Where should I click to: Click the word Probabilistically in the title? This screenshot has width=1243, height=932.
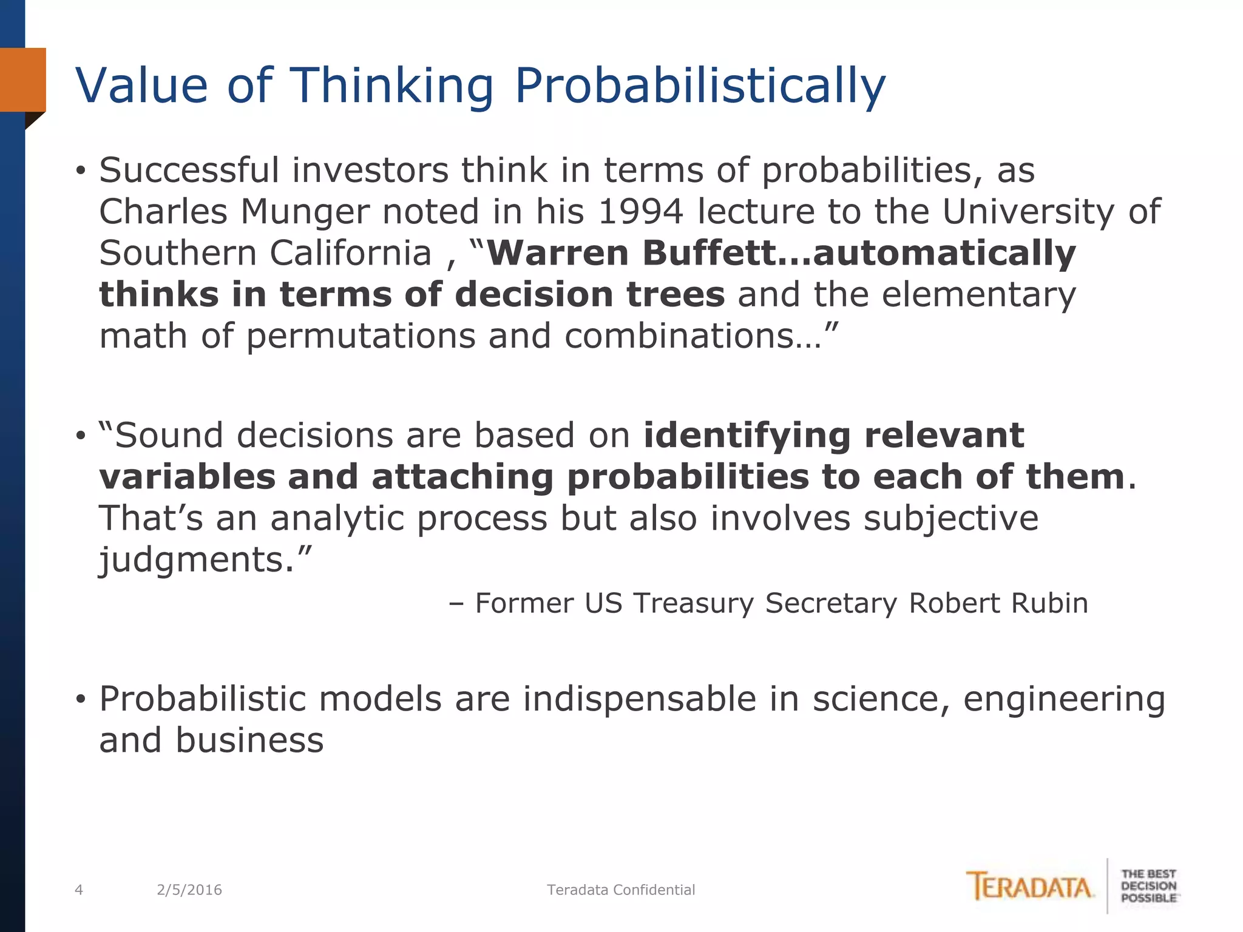700,86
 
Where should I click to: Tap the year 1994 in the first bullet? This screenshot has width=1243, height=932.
640,212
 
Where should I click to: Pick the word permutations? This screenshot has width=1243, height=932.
361,336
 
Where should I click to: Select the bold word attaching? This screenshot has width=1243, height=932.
462,477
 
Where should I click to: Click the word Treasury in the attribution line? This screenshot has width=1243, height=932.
693,603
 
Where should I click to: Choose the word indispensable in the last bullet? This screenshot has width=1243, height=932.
640,699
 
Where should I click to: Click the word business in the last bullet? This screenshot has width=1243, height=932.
249,740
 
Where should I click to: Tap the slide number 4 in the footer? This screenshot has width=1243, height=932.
78,890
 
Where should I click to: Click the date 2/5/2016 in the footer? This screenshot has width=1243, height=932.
189,890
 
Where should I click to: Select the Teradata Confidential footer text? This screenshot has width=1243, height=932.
621,890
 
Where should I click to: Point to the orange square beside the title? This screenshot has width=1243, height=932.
23,79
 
